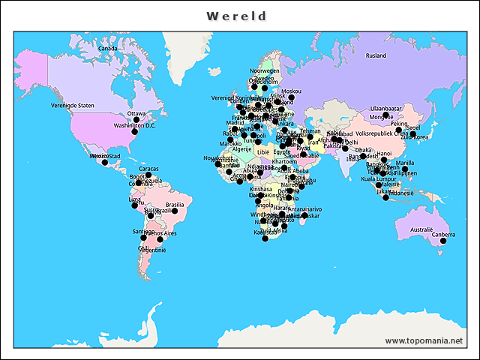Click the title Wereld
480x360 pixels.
[x=237, y=15]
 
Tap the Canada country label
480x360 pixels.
[x=108, y=49]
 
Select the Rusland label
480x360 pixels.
[x=376, y=55]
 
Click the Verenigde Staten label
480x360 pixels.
[x=73, y=106]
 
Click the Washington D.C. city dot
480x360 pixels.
[x=134, y=132]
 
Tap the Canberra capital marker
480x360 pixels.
[x=443, y=241]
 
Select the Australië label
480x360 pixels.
[x=421, y=229]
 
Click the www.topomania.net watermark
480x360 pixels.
[x=424, y=340]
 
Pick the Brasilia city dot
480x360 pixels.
[x=175, y=211]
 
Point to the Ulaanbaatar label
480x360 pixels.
[x=386, y=108]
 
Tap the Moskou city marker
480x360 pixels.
[x=291, y=97]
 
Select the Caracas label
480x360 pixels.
[x=148, y=169]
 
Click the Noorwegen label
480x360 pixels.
[x=264, y=70]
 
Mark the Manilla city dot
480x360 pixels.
[x=405, y=169]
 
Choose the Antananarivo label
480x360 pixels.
[x=303, y=209]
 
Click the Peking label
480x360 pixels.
[x=399, y=124]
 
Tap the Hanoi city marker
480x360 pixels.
[x=384, y=160]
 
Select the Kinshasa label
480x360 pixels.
[x=260, y=189]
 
